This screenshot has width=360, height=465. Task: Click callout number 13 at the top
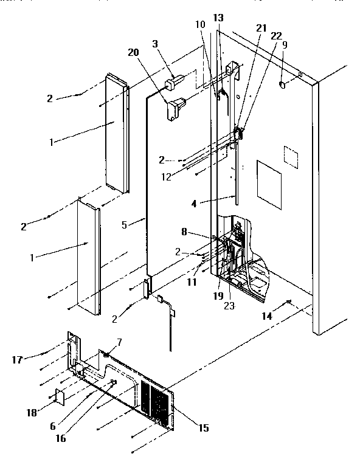tap(218, 18)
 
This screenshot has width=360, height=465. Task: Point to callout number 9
tap(285, 44)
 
